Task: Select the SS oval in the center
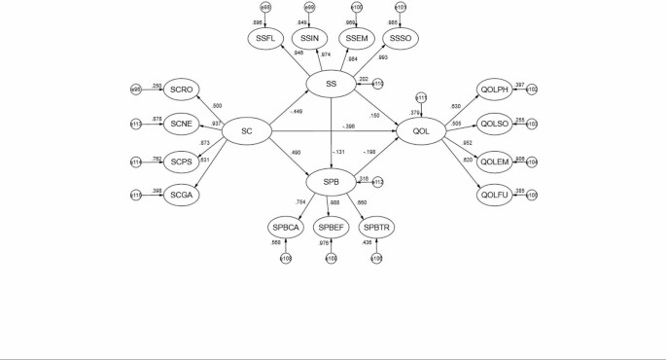coord(332,85)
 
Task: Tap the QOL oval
coord(421,127)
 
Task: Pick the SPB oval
coord(332,181)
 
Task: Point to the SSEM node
coord(356,38)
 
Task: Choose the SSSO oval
coord(400,38)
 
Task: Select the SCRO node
coord(182,90)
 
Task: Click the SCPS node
coord(182,161)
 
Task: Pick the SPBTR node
coord(375,228)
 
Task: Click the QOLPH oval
coord(496,90)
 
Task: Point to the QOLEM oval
coord(496,161)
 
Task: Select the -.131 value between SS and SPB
coord(338,150)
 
